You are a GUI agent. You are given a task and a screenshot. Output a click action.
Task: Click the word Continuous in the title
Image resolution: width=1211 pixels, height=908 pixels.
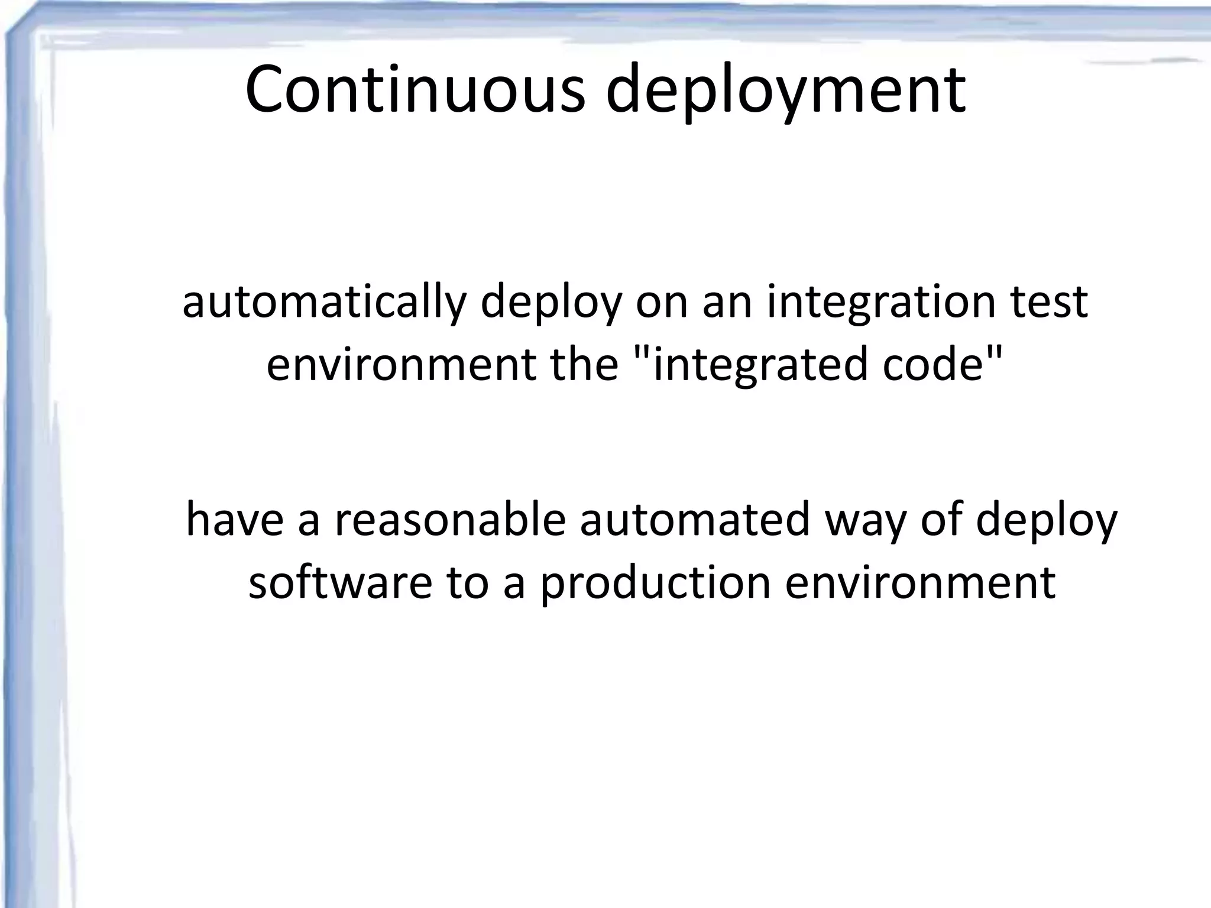pyautogui.click(x=415, y=90)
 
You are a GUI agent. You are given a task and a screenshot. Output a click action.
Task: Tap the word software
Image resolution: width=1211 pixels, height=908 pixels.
pyautogui.click(x=340, y=582)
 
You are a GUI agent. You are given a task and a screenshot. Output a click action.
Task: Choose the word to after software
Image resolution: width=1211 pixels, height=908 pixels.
pyautogui.click(x=468, y=582)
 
